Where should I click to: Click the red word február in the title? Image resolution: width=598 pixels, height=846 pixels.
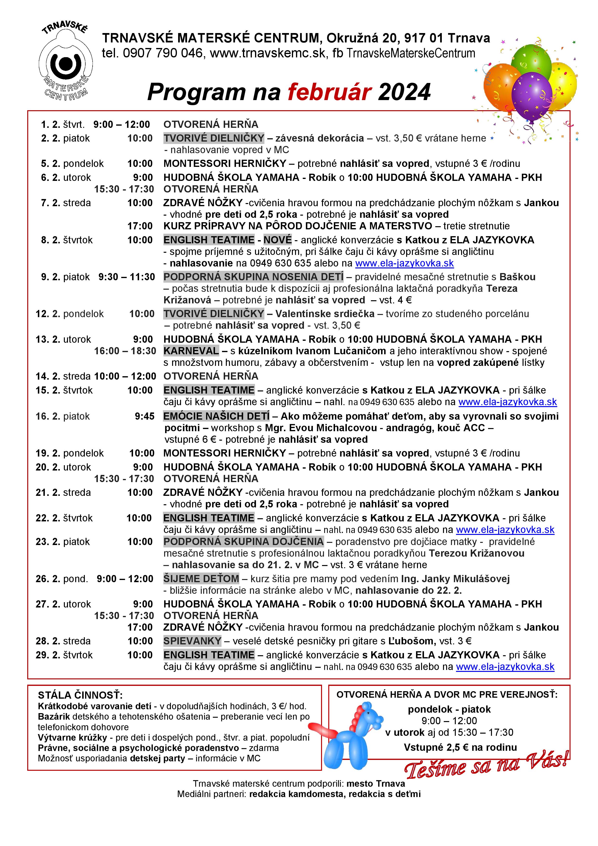329,92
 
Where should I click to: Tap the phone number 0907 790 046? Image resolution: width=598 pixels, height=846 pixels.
163,54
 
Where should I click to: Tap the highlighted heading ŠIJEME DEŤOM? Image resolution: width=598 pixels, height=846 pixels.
201,579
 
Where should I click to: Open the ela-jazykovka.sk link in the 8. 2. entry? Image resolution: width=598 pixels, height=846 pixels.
404,263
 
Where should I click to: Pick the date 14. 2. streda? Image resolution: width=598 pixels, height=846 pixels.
63,376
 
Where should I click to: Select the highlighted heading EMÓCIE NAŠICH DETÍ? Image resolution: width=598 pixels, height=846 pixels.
216,416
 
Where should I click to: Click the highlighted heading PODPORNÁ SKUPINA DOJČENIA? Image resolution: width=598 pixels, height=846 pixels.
243,542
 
